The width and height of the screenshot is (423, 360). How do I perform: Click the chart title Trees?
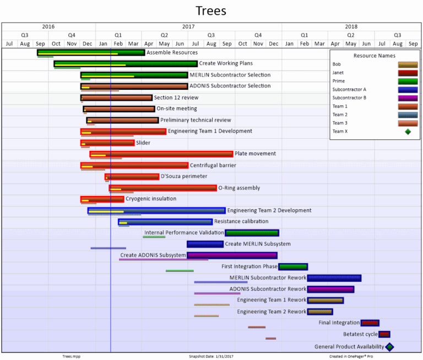[211, 11]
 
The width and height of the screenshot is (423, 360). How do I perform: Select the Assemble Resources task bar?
[91, 53]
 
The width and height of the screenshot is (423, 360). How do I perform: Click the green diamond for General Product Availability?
[389, 347]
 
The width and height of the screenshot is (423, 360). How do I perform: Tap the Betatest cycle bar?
[384, 334]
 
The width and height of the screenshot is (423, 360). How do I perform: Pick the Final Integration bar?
[370, 323]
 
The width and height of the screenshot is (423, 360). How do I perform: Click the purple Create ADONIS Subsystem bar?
[232, 255]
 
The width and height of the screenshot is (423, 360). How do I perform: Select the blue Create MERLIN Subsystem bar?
[205, 244]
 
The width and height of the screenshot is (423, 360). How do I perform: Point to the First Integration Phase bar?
[293, 267]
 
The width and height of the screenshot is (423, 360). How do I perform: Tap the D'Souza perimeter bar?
[132, 177]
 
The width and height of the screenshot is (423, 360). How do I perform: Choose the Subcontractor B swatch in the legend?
[408, 98]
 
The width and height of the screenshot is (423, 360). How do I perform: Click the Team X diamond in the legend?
[408, 132]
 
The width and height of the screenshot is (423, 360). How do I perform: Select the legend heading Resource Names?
[374, 56]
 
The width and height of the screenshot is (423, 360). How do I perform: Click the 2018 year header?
[351, 26]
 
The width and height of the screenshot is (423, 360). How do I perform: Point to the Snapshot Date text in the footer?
[211, 356]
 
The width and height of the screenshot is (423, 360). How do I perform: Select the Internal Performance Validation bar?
[252, 233]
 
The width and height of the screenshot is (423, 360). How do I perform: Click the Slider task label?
[143, 143]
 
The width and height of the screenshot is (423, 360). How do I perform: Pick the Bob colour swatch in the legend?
[408, 64]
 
